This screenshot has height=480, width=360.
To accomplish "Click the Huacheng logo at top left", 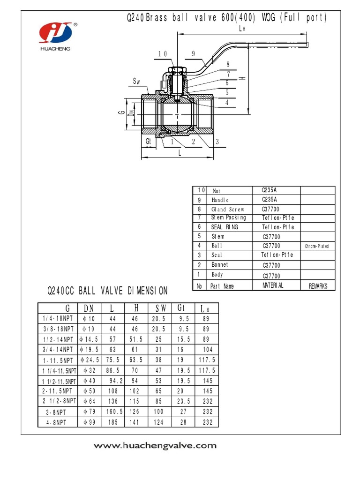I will pos(55,34).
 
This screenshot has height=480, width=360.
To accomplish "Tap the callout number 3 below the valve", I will pos(217,141).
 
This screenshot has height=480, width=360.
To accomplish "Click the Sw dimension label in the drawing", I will pos(137,82).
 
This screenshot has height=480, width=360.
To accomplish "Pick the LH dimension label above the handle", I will pos(242,29).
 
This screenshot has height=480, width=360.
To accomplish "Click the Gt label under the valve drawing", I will pos(148,141).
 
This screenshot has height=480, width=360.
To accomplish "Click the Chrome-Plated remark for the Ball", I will pos(317,246).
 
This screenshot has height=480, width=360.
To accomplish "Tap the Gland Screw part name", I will pos(228,210).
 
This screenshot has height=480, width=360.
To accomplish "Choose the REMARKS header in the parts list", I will pos(318,286).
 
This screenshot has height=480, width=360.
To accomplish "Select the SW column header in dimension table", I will pos(160,308).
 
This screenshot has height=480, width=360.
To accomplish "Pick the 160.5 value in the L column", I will pos(114,412).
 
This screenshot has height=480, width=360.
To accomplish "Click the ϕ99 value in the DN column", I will pos(88,422).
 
